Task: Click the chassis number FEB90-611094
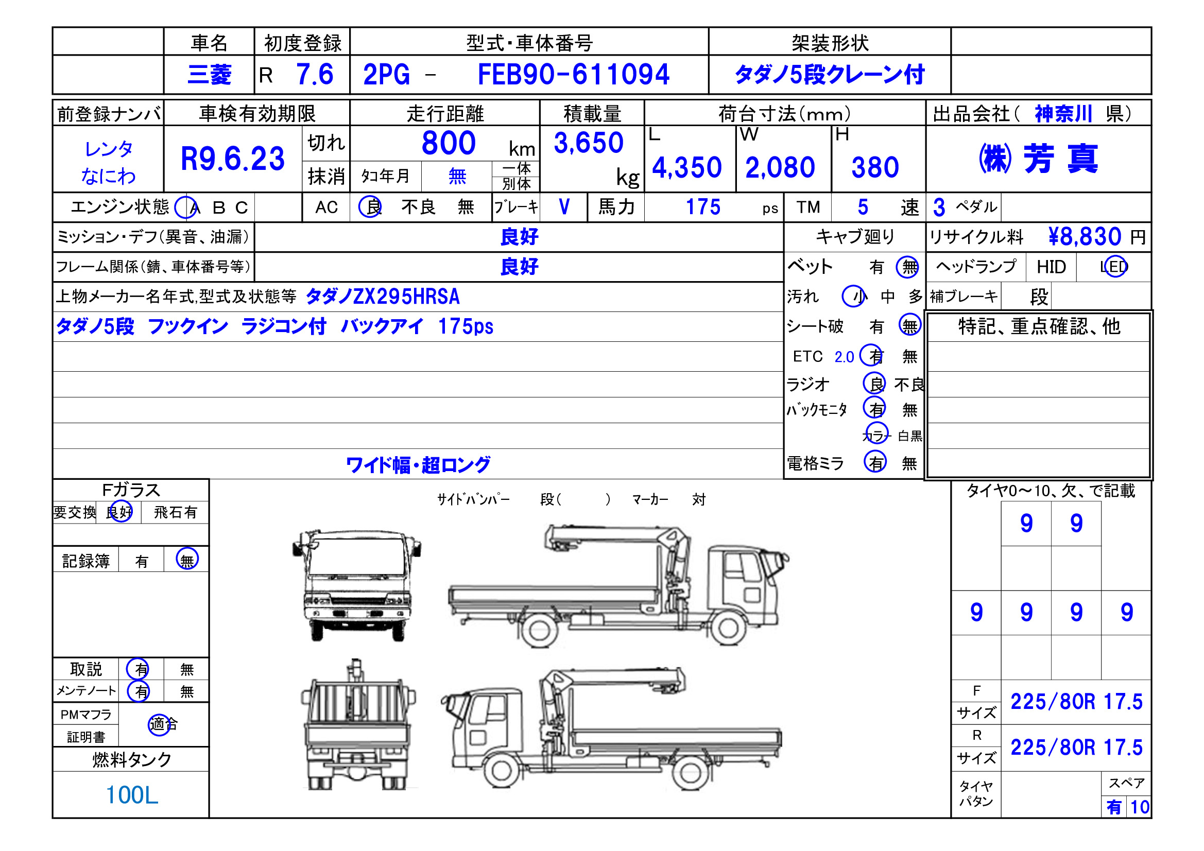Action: (x=573, y=75)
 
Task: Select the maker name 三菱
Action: (x=209, y=75)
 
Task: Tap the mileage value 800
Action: (x=449, y=143)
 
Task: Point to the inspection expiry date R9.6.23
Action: (x=232, y=159)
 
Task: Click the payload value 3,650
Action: (x=589, y=143)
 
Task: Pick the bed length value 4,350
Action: (x=687, y=168)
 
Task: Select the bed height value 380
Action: (x=875, y=168)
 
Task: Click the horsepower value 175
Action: (x=703, y=207)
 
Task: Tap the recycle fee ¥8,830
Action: (x=1085, y=236)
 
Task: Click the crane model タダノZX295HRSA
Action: (x=382, y=297)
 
